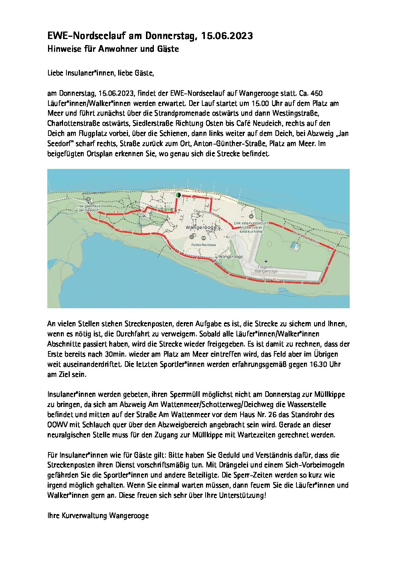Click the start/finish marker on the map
point(178,195)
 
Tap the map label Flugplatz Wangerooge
point(265,269)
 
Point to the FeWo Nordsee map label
point(203,245)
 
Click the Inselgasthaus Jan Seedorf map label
point(88,208)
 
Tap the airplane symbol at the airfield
point(266,261)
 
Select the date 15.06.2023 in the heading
point(227,36)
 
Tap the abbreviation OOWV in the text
point(57,425)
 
